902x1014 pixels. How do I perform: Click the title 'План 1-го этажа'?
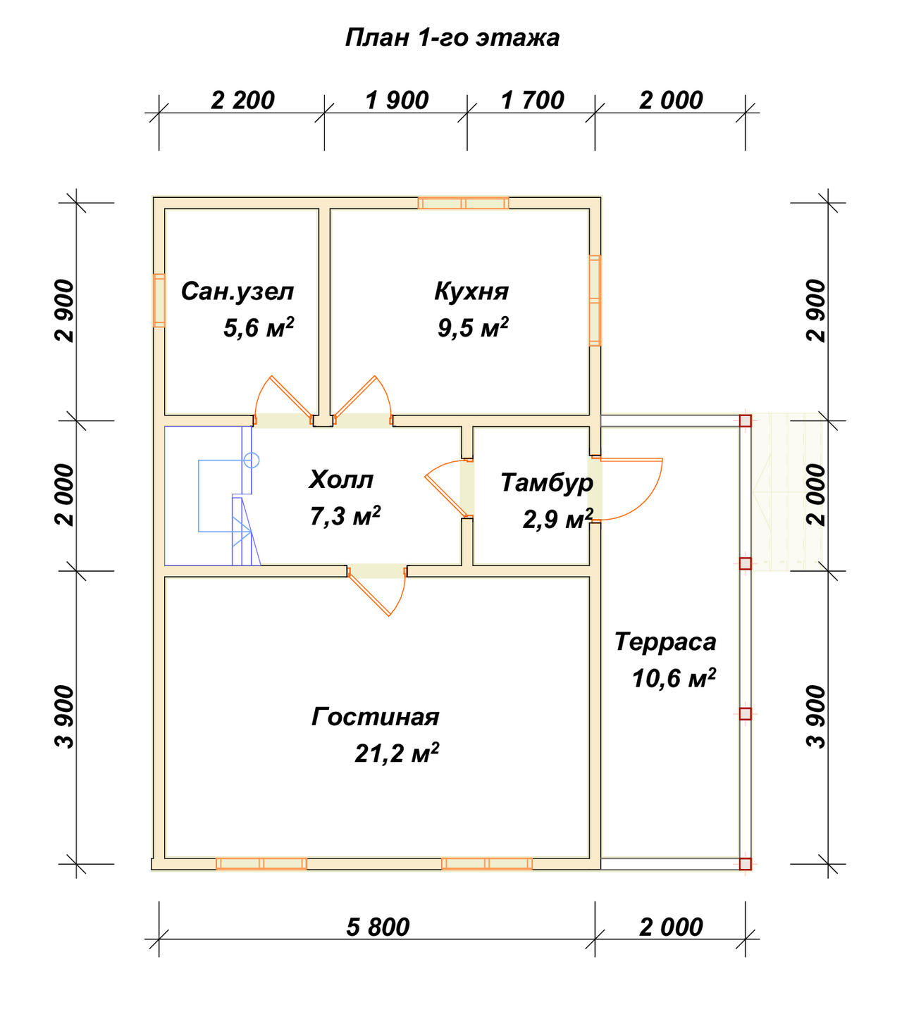pyautogui.click(x=452, y=38)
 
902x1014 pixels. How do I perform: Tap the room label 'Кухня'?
pyautogui.click(x=471, y=292)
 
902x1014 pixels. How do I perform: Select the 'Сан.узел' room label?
pyautogui.click(x=237, y=292)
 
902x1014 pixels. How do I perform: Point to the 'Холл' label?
pyautogui.click(x=341, y=480)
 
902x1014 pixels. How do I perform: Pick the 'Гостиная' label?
pyautogui.click(x=375, y=717)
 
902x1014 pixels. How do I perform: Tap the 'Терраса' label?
pyautogui.click(x=666, y=642)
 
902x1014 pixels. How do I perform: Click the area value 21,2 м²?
pyautogui.click(x=397, y=753)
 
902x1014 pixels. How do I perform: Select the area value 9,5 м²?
pyautogui.click(x=473, y=328)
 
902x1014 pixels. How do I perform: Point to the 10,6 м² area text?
pyautogui.click(x=674, y=678)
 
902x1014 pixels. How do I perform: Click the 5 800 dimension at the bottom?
pyautogui.click(x=378, y=927)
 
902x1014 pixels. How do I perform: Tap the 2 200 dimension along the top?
pyautogui.click(x=242, y=101)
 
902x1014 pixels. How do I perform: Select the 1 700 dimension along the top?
pyautogui.click(x=532, y=101)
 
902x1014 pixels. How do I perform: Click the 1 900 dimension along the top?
pyautogui.click(x=397, y=101)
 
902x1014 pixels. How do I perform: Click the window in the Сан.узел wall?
pyautogui.click(x=159, y=301)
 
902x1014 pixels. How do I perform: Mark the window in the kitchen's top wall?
pyautogui.click(x=463, y=204)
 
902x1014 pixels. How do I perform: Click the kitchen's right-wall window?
pyautogui.click(x=595, y=300)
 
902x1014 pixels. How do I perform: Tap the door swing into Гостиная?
pyautogui.click(x=376, y=591)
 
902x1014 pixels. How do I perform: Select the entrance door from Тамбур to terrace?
pyautogui.click(x=627, y=489)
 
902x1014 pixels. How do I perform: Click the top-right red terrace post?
pyautogui.click(x=746, y=421)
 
